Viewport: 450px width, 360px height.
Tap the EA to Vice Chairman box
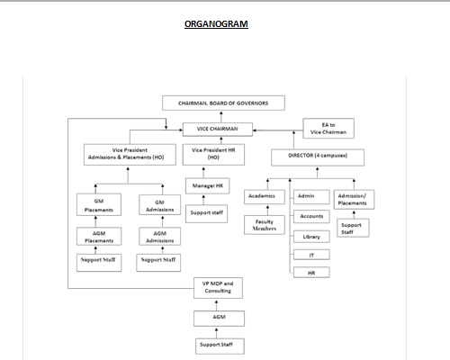click(328, 128)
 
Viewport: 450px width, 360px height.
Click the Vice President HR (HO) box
click(212, 152)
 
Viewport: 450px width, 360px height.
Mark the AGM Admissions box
click(158, 236)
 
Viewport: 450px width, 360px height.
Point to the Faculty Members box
click(265, 225)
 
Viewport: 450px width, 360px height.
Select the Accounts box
click(311, 216)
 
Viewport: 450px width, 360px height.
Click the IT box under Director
click(311, 255)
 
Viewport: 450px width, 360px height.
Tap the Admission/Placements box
click(353, 198)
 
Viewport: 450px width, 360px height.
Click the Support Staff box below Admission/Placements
click(353, 229)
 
